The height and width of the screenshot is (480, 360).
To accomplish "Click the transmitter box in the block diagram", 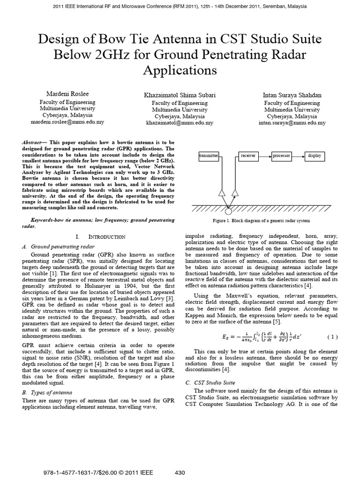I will pos(208,156).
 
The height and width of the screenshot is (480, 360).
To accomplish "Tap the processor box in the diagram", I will pos(281,156).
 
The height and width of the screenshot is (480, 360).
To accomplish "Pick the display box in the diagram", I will pos(315,156).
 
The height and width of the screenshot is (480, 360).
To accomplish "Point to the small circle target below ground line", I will pos(228,212).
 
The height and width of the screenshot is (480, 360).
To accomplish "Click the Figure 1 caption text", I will pos(262,221).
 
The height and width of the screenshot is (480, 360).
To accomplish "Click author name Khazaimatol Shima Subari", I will pos(180,95).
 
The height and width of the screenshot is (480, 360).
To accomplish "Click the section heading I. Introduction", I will pos(104,237).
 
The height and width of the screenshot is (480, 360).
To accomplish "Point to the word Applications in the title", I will pos(180,70).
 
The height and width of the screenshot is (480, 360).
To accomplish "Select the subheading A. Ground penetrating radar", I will pos(59,246).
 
